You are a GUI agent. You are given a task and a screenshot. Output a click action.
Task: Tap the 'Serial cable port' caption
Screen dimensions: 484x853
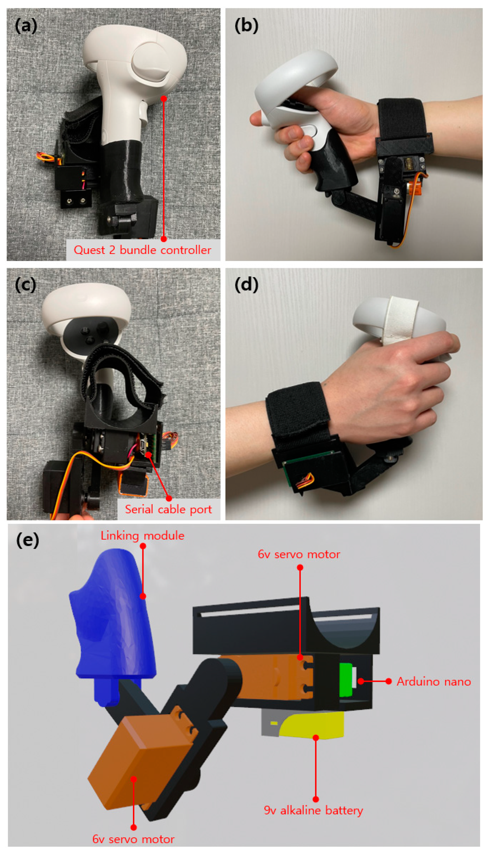[x=168, y=509]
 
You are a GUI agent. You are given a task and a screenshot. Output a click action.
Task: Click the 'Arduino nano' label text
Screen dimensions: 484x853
[x=434, y=682]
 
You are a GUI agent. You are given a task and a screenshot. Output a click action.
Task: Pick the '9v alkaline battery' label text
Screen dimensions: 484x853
[x=313, y=810]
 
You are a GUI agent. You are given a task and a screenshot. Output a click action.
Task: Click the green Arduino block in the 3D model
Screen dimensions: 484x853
[x=346, y=679]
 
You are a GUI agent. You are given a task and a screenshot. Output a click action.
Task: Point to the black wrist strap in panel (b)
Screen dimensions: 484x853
[x=402, y=120]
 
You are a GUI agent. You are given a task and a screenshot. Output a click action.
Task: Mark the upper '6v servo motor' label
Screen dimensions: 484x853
[x=299, y=554]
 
